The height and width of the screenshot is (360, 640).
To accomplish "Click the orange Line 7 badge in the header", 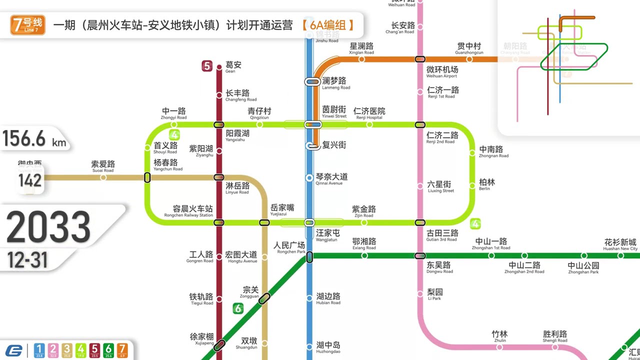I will click(x=28, y=25).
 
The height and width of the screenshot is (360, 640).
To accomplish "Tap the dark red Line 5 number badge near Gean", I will click(x=207, y=65).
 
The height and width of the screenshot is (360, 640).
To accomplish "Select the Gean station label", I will click(x=233, y=67).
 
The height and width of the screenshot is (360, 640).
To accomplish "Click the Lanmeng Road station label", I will click(x=335, y=83).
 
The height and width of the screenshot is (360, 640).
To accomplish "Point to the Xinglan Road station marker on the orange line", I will click(x=361, y=59).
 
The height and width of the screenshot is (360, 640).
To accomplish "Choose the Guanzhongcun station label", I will click(x=469, y=48).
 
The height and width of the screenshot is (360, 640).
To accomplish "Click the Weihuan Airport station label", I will click(x=442, y=72).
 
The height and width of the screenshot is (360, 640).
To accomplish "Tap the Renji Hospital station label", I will click(x=369, y=113).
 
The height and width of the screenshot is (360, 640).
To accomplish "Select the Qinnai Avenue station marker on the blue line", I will click(x=309, y=178).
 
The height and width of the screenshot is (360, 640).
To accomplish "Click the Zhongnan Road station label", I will click(x=493, y=151).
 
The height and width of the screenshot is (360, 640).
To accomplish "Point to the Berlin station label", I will click(x=486, y=184).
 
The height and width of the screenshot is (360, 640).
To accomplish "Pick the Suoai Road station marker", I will click(x=103, y=177).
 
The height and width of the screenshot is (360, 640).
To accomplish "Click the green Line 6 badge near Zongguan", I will click(x=238, y=308).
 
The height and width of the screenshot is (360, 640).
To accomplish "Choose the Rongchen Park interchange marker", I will click(x=309, y=257).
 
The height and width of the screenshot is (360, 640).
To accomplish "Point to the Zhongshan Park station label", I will click(x=583, y=268).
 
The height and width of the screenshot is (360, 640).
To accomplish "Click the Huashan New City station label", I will click(x=620, y=244).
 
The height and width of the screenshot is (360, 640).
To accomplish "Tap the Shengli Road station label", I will click(x=555, y=336).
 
